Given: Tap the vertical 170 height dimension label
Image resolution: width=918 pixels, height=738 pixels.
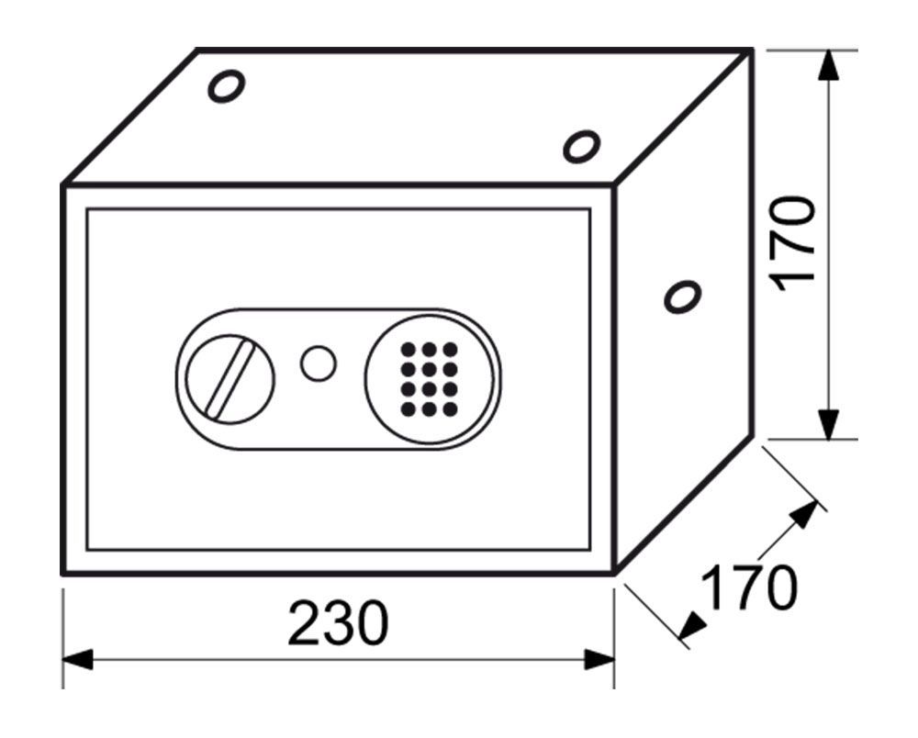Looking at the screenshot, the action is coord(793,244).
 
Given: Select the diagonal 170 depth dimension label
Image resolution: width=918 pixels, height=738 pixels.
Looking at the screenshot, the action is coord(749,587).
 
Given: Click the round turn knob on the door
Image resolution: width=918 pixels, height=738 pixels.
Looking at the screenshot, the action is coord(229,379).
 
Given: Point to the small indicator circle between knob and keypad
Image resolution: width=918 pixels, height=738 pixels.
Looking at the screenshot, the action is coord(318,363).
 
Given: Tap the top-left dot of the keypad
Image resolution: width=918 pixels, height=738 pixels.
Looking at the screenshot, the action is coord(409,350).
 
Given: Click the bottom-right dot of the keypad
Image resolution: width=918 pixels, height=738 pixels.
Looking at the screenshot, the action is coord(450,408).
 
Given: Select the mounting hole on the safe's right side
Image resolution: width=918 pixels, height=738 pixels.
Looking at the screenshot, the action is coord(683,296).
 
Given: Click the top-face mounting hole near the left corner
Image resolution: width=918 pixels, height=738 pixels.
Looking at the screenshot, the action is coord(227,86).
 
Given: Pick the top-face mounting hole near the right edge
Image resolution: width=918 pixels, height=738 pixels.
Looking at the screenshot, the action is coord(581,146).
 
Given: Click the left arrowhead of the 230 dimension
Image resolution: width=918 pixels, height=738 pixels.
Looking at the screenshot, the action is coord(77,660).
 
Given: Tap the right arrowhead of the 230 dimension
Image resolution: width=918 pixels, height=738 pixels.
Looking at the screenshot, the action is coord(599,660).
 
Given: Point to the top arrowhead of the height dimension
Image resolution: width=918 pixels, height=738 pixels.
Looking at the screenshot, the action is coord(828,65).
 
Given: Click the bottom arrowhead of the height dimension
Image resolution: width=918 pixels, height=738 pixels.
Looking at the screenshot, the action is coord(828,424).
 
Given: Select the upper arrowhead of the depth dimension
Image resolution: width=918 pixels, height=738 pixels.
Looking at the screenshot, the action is coord(803,516).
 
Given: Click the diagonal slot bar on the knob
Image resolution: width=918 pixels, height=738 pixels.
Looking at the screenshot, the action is coord(229,379).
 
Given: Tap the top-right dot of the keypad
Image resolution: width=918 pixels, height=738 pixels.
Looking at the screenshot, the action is coord(450,350).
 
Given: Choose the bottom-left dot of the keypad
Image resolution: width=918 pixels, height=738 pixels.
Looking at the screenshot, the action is coord(409,408).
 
